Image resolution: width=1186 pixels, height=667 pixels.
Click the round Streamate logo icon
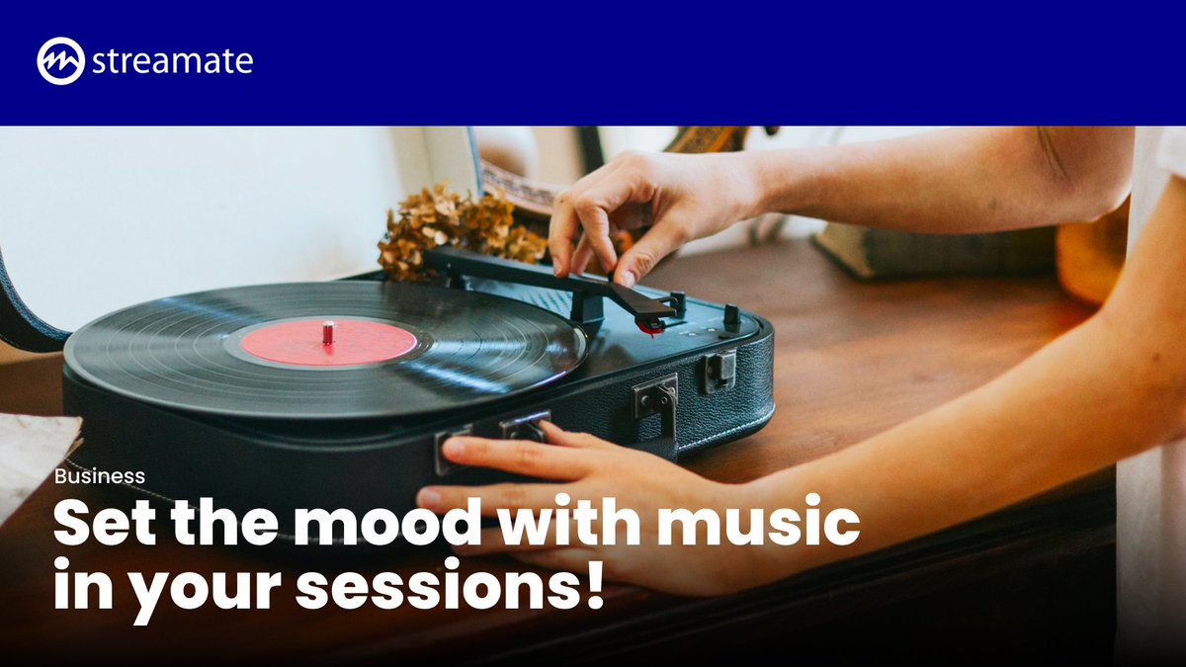(x=60, y=61)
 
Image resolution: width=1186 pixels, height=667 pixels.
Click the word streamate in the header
(x=172, y=61)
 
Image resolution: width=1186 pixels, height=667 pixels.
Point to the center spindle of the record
(x=328, y=332)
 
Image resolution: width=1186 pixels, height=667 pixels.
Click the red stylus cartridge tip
(x=649, y=326)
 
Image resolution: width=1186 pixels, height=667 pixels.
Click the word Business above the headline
(x=100, y=476)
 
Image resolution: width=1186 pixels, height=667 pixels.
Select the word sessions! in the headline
(x=450, y=585)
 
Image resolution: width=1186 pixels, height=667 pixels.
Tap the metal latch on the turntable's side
(x=656, y=399)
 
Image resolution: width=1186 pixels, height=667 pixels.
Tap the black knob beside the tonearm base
(x=730, y=316)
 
